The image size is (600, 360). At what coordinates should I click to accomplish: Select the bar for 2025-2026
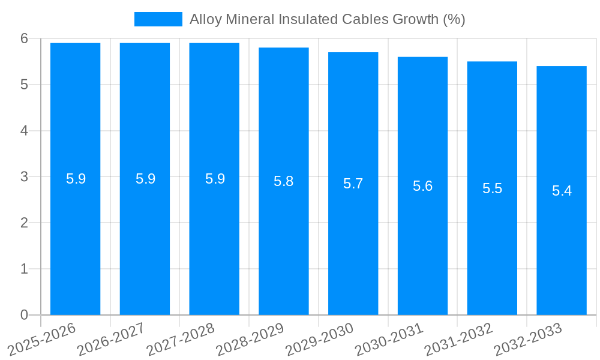(x=75, y=180)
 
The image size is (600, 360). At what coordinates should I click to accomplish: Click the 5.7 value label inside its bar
(x=353, y=184)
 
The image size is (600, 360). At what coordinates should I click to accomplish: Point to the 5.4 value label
(x=562, y=191)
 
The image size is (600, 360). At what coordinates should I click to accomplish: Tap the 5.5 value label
(x=492, y=188)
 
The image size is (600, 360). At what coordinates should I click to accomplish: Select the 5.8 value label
(x=283, y=181)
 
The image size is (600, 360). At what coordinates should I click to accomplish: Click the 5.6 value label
(x=422, y=186)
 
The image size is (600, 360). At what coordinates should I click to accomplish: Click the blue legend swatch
(x=158, y=19)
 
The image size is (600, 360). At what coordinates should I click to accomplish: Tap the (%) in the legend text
(x=454, y=19)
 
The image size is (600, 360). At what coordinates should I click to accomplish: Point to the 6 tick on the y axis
(x=25, y=38)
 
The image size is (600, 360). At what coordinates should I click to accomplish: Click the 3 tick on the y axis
(x=25, y=177)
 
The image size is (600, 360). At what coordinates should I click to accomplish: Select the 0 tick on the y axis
(x=25, y=315)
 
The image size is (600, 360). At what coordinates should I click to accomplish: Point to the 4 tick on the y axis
(x=25, y=131)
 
